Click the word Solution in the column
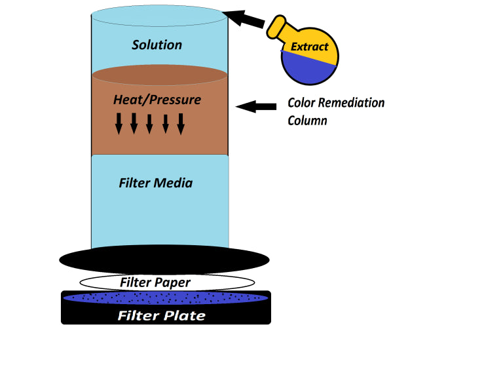point(157,45)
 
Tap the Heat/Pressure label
point(157,100)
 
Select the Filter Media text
point(156,183)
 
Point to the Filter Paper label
point(155,282)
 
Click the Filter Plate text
point(161,316)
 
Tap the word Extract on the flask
point(310,47)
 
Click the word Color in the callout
point(303,103)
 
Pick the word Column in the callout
point(307,121)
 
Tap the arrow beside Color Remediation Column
point(256,106)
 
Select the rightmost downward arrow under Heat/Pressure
point(181,123)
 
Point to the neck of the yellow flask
point(278,27)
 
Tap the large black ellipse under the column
point(164,260)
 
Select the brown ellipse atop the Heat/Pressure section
point(160,75)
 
